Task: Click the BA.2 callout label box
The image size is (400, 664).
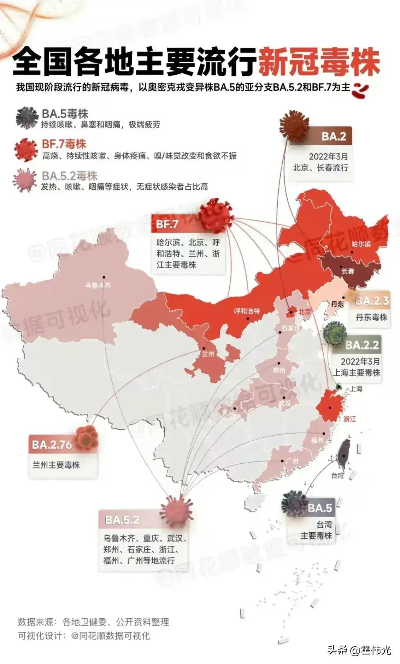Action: pyautogui.click(x=333, y=136)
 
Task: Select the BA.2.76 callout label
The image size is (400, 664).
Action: pyautogui.click(x=52, y=445)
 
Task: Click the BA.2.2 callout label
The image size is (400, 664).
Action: pyautogui.click(x=362, y=345)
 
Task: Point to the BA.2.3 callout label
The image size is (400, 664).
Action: pyautogui.click(x=372, y=301)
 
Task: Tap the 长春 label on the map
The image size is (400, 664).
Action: pyautogui.click(x=348, y=271)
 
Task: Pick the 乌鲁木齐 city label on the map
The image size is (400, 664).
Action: pyautogui.click(x=98, y=285)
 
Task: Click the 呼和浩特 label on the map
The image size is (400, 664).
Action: pyautogui.click(x=247, y=311)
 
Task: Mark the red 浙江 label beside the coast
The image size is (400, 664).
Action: pyautogui.click(x=349, y=419)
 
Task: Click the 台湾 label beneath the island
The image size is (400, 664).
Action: pyautogui.click(x=337, y=475)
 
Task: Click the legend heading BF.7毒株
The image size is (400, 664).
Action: pyautogui.click(x=64, y=144)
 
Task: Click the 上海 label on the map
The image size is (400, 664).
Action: pyautogui.click(x=356, y=389)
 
